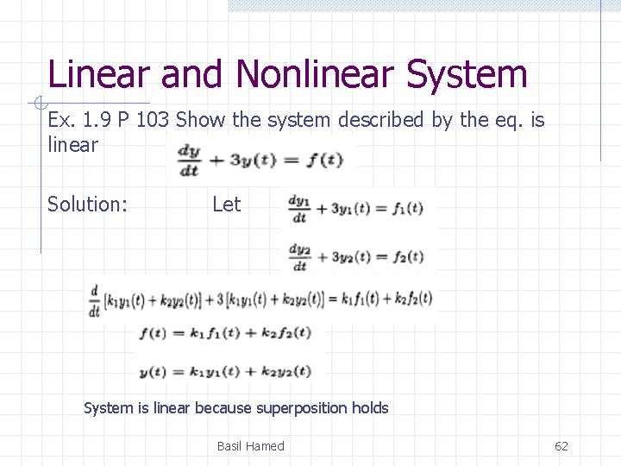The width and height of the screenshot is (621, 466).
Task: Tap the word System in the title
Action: point(467,74)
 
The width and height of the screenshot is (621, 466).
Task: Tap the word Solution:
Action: point(87,205)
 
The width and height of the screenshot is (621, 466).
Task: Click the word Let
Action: point(226,205)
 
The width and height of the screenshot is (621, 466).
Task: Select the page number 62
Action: point(561,446)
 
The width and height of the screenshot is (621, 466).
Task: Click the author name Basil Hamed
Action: point(250,446)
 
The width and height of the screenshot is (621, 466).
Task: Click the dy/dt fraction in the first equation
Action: point(188,160)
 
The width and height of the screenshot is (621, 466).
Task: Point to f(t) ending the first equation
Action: point(326,160)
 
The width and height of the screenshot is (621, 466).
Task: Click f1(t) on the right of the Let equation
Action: point(407,208)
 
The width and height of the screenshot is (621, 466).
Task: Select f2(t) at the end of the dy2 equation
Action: point(407,256)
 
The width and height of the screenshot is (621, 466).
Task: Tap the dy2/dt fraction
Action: point(299,256)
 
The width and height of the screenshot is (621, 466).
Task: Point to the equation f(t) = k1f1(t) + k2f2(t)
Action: point(224,332)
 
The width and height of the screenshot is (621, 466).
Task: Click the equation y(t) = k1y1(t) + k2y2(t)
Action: point(224,371)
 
